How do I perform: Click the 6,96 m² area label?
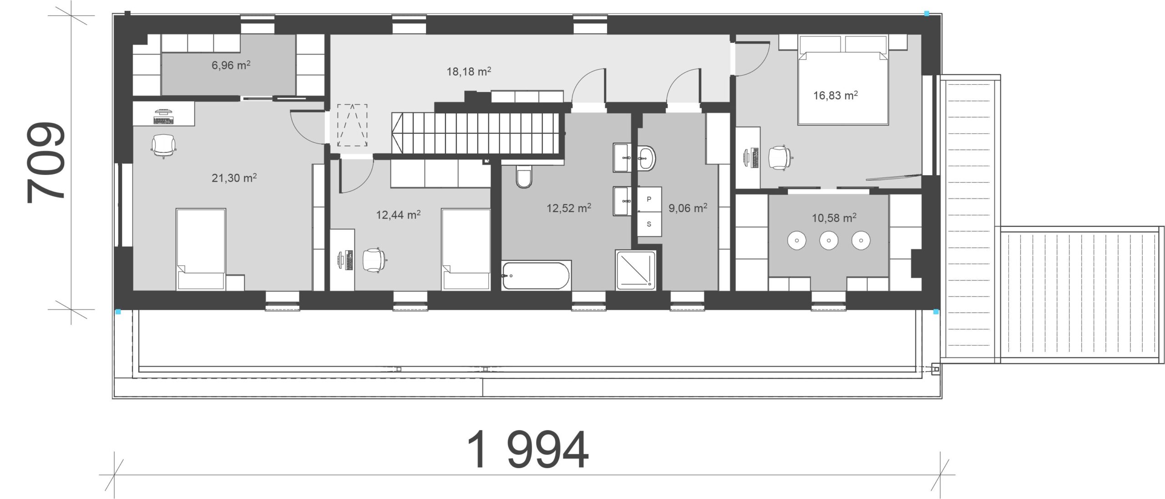coord(231,65)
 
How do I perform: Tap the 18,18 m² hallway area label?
coord(469,71)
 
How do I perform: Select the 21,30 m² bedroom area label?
coord(234,178)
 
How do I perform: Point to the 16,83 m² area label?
coord(836,96)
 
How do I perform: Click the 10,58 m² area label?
coord(834,218)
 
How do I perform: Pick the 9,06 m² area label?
coord(688,209)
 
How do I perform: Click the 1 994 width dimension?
coord(528,450)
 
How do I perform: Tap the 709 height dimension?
coord(46,163)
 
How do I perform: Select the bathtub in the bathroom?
coord(536,275)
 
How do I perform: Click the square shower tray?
coord(636,270)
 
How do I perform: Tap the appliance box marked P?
coord(649,199)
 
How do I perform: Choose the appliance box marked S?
coord(649,224)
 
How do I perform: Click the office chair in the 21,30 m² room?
coord(163,145)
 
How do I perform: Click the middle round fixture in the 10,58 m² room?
coord(829,240)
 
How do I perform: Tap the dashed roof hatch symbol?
coord(352,125)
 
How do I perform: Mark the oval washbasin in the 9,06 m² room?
coord(646,158)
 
